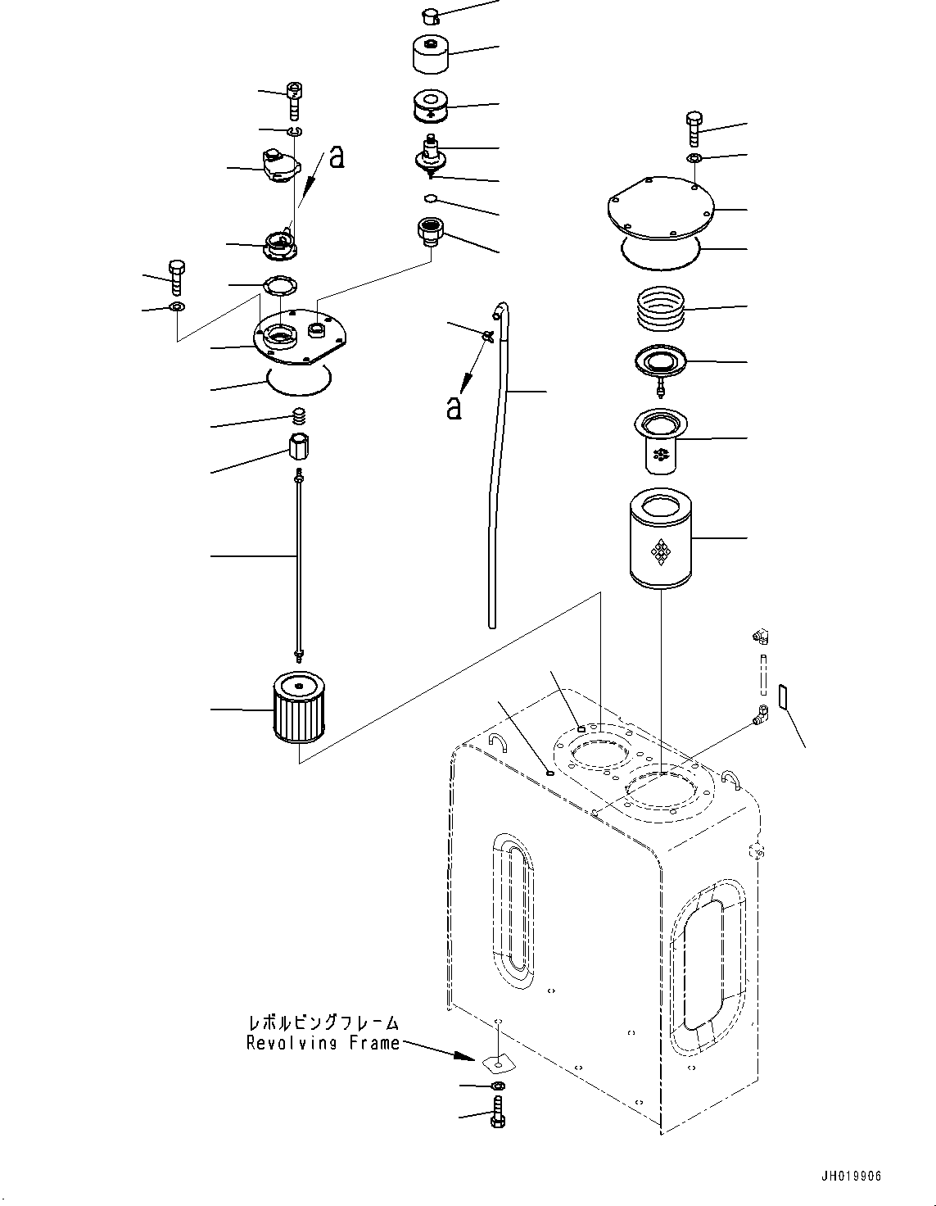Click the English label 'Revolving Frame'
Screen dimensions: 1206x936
pos(323,1043)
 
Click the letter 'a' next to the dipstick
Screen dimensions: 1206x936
pos(454,407)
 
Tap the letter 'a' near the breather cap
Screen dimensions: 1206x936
pos(336,156)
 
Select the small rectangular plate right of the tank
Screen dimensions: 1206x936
pos(780,696)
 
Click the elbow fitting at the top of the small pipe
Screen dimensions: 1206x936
pos(762,636)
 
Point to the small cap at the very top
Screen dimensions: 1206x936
pos(432,14)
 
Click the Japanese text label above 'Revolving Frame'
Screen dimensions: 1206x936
pos(323,1023)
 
